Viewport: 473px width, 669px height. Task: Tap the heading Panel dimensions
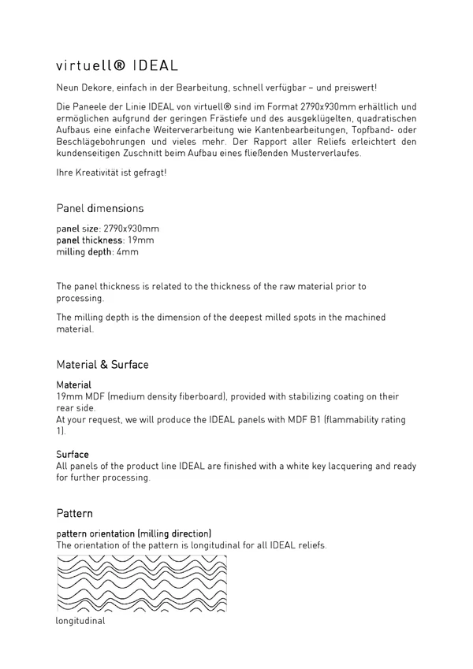(100, 209)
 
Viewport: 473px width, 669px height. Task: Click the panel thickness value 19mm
(141, 240)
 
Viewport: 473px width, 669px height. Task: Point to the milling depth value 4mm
(128, 252)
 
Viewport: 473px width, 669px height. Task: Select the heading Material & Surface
(102, 365)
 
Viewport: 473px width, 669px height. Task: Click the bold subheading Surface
(73, 455)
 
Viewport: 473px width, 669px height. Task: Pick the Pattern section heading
(75, 513)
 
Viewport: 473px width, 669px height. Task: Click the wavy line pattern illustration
(142, 584)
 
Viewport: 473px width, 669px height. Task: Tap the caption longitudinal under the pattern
(80, 620)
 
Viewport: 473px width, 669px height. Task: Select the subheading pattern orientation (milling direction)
(134, 533)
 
